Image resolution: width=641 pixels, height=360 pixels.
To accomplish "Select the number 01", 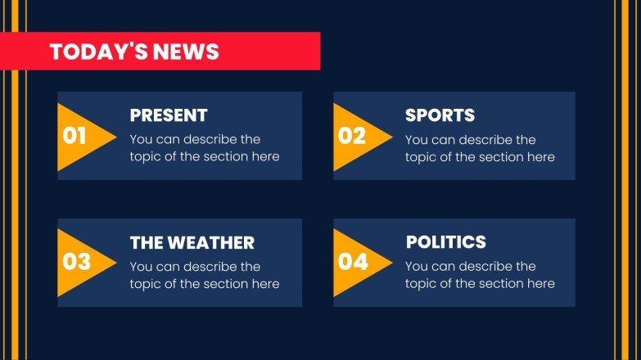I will click(x=74, y=136).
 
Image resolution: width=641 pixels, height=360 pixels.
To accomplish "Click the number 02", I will click(x=351, y=136).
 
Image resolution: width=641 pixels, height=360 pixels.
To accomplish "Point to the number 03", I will click(x=76, y=263).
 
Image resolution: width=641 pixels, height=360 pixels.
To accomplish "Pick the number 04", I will click(x=353, y=263).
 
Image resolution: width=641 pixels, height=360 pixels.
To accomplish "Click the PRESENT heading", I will click(x=169, y=115).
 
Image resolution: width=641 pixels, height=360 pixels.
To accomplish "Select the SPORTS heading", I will click(x=440, y=115).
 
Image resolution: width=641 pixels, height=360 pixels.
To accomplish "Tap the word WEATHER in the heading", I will click(x=210, y=243).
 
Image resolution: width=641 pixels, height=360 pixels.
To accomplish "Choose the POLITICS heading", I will click(x=446, y=242).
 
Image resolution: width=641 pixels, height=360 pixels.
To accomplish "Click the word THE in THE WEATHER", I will click(x=147, y=243).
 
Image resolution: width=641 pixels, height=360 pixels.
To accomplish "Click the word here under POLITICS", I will click(x=540, y=284).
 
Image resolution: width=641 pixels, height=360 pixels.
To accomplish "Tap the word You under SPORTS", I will click(x=416, y=139).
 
